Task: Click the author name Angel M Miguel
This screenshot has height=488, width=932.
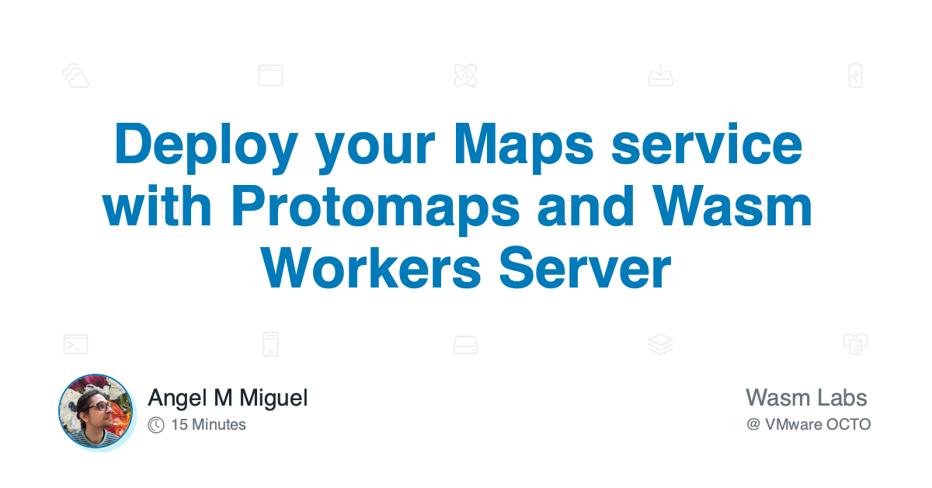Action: [x=228, y=399]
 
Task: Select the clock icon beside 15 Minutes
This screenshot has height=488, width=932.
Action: [x=156, y=425]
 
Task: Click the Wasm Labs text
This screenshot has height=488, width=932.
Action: [x=805, y=398]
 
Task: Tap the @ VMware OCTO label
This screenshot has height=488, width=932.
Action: [x=808, y=425]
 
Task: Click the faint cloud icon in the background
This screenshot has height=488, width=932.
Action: [x=76, y=76]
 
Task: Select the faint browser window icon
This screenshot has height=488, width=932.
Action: [x=270, y=75]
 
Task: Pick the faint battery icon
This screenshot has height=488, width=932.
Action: [x=854, y=75]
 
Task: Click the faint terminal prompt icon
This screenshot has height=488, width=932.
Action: [x=75, y=344]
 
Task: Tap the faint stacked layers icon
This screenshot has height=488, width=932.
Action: [x=660, y=344]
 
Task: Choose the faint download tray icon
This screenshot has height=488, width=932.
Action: [x=660, y=76]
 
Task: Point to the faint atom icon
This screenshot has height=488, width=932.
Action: [x=465, y=75]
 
